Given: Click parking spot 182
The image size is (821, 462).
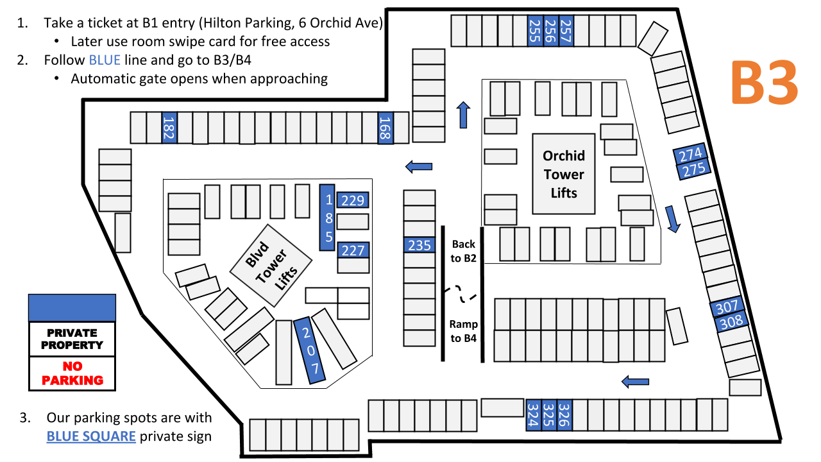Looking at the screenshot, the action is pyautogui.click(x=169, y=128).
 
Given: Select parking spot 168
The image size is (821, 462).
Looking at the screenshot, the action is pyautogui.click(x=385, y=128).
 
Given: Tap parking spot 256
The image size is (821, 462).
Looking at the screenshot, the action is pyautogui.click(x=550, y=31).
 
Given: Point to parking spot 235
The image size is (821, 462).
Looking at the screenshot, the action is pyautogui.click(x=419, y=245).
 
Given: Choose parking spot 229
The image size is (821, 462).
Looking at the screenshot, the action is pyautogui.click(x=353, y=200).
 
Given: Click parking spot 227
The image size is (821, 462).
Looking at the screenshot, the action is pyautogui.click(x=353, y=250).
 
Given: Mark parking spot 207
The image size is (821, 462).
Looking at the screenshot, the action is pyautogui.click(x=310, y=350).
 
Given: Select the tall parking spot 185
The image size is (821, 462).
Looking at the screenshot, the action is pyautogui.click(x=327, y=218).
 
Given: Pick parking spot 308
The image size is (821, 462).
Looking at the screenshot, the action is pyautogui.click(x=731, y=322).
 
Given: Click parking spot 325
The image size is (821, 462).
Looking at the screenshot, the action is pyautogui.click(x=549, y=415).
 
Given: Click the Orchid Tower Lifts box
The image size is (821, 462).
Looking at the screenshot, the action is pyautogui.click(x=564, y=174).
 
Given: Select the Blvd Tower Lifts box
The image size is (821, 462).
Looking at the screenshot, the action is pyautogui.click(x=271, y=266).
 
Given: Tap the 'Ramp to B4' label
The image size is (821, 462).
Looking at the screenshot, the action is pyautogui.click(x=464, y=331).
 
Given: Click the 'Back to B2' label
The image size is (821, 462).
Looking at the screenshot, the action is pyautogui.click(x=464, y=251).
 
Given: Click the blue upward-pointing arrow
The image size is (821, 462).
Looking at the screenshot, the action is pyautogui.click(x=463, y=115).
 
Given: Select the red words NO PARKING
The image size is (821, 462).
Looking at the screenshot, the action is pyautogui.click(x=72, y=373).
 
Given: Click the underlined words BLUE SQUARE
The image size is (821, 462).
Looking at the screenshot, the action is pyautogui.click(x=91, y=436).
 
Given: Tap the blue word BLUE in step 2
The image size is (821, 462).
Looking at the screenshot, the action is pyautogui.click(x=105, y=60).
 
